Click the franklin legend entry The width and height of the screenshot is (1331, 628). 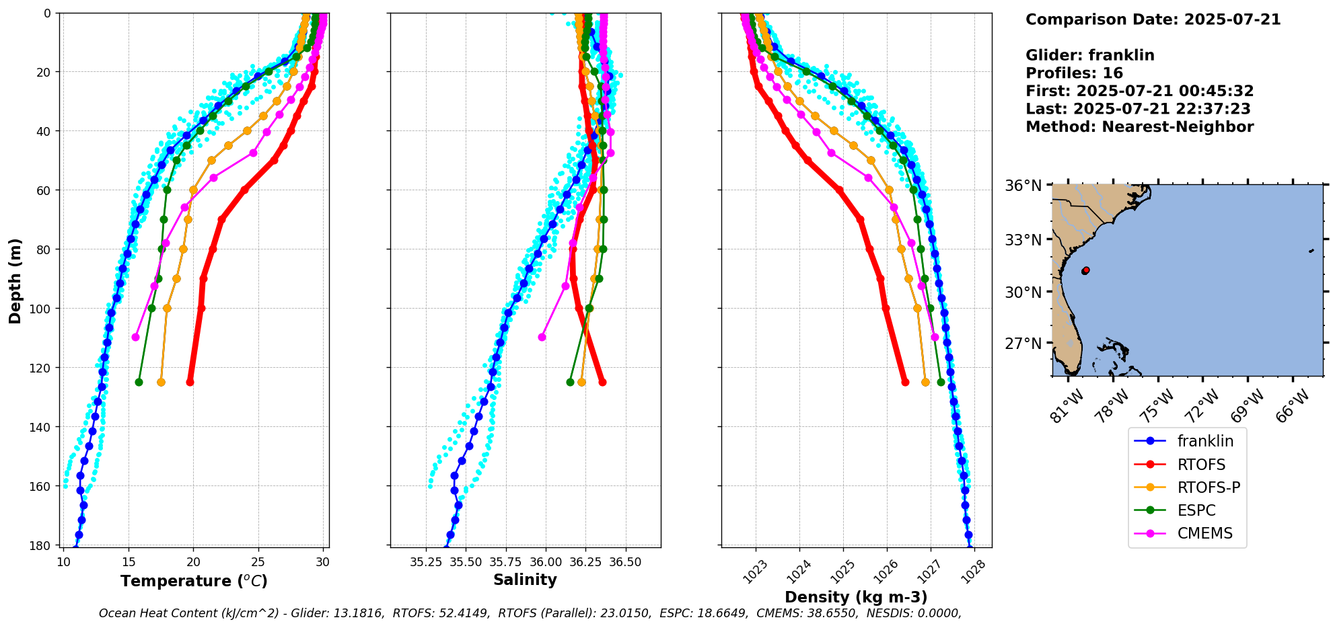pyautogui.click(x=1204, y=441)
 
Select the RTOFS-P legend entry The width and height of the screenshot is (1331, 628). pyautogui.click(x=1208, y=487)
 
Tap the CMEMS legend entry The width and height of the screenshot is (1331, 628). pyautogui.click(x=1204, y=533)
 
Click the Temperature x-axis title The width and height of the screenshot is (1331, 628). pyautogui.click(x=194, y=581)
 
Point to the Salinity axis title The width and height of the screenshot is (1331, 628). pyautogui.click(x=525, y=580)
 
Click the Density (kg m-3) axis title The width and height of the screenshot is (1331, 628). pyautogui.click(x=856, y=597)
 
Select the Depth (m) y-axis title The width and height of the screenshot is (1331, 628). pyautogui.click(x=15, y=280)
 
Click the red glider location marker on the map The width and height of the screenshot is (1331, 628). pyautogui.click(x=1085, y=270)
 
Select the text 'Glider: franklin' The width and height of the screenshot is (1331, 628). pyautogui.click(x=1089, y=56)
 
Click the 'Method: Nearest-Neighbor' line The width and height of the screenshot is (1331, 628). pyautogui.click(x=1139, y=127)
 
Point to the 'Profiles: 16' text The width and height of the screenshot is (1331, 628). pyautogui.click(x=1074, y=73)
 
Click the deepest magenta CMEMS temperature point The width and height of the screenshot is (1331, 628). pyautogui.click(x=135, y=337)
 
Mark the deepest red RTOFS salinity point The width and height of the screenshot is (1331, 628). pyautogui.click(x=602, y=382)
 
